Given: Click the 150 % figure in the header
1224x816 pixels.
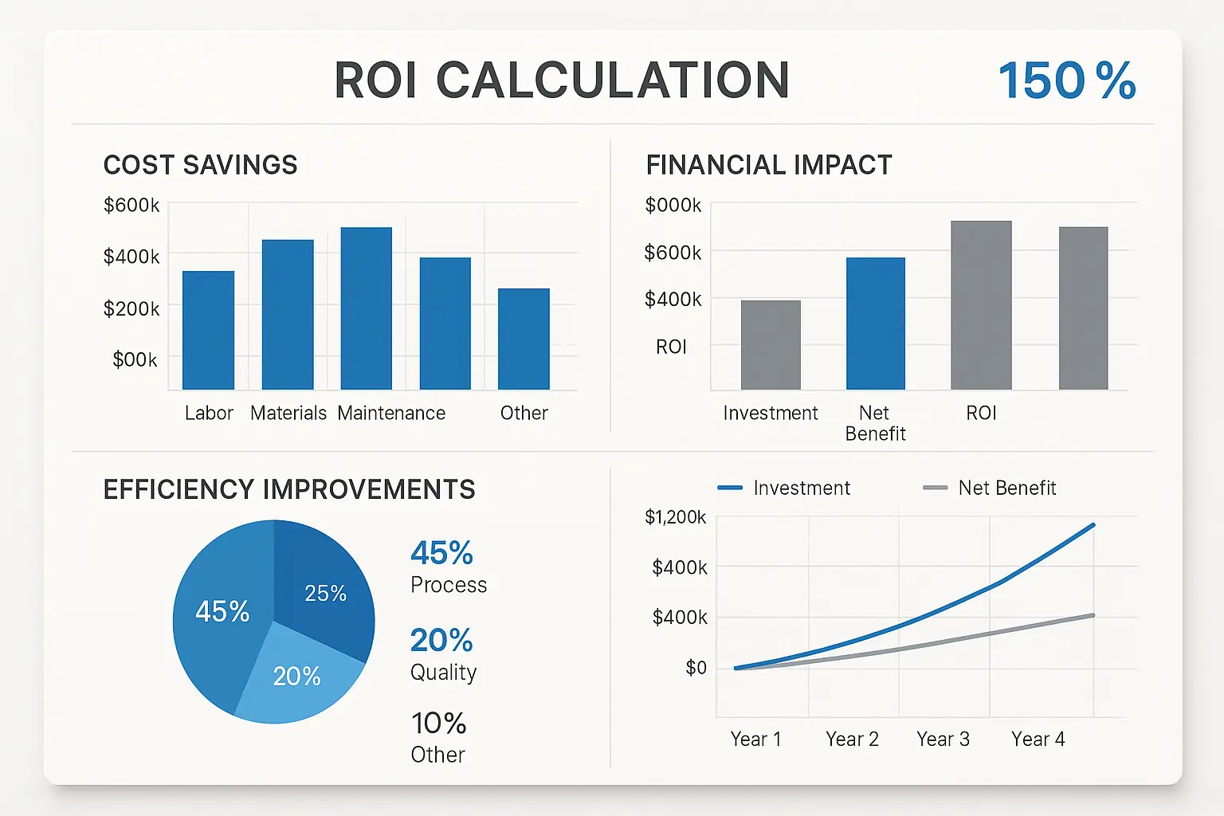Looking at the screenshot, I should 1066,80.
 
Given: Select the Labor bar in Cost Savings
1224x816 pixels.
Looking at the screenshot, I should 208,330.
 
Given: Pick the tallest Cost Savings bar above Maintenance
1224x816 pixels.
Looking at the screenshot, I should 366,308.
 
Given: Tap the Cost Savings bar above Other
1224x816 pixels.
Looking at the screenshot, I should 524,339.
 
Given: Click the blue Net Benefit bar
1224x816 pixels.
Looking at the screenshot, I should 875,324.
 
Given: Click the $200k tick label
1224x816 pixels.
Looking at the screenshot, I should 131,308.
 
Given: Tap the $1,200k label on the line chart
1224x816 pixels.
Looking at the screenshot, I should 675,517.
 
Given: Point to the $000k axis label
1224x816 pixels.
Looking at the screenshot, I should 673,206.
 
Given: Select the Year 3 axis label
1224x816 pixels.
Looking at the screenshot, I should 943,739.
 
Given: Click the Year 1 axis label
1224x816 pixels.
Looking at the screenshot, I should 755,739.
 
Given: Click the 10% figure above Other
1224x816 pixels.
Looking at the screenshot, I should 438,724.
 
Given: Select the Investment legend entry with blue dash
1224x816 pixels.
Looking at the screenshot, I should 784,488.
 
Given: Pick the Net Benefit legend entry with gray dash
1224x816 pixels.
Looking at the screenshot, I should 989,488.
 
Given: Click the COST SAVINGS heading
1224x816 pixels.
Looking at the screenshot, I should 200,165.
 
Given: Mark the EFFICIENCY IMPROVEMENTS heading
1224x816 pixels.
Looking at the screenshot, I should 289,489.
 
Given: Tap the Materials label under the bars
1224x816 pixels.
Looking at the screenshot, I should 288,413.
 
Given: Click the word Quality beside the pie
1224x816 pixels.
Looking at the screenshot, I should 443,673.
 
